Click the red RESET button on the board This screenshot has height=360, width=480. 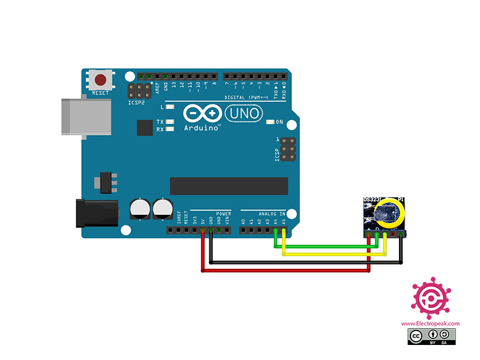(101, 80)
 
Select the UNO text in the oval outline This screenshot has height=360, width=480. (244, 113)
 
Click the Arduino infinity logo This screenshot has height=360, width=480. (200, 113)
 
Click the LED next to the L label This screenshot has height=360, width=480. (170, 107)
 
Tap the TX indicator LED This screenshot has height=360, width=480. (170, 122)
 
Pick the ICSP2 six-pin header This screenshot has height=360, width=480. (140, 91)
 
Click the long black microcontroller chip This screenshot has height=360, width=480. (229, 186)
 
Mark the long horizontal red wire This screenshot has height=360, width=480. (288, 271)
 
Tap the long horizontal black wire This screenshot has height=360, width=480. (306, 262)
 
